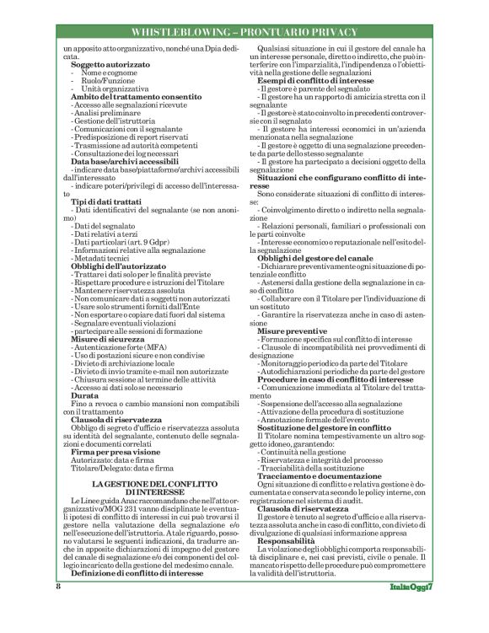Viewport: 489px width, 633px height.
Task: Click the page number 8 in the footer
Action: click(59, 609)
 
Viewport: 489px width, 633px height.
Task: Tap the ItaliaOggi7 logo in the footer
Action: click(411, 609)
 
